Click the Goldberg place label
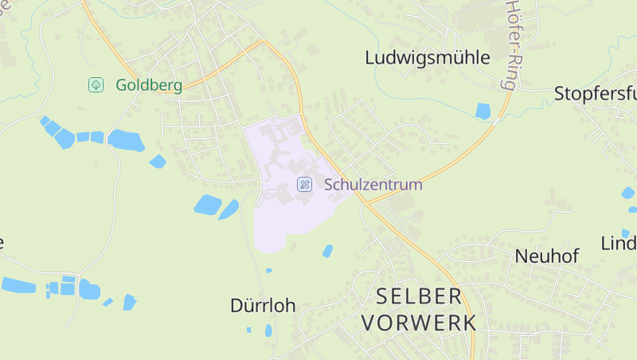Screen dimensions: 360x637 point(149,85)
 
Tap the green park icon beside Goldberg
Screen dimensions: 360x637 point(96,84)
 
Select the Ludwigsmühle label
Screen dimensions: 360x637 point(427,57)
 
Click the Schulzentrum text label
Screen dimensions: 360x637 point(373,185)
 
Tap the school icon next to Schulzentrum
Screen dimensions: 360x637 point(304,185)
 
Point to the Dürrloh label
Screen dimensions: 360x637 point(263,305)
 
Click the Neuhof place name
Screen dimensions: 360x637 point(546,256)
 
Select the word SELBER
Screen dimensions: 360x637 point(419,296)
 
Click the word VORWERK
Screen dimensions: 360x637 point(419,323)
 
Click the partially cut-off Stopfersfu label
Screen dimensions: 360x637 point(595,94)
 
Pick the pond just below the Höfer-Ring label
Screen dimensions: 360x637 point(483,112)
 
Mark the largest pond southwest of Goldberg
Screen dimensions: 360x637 point(126,141)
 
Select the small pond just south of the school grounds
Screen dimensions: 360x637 point(327,251)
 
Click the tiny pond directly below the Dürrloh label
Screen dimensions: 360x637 point(268,330)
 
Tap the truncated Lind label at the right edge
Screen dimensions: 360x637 point(619,243)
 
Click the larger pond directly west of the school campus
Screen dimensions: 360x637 point(208,205)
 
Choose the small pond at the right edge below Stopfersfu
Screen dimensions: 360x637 point(628,193)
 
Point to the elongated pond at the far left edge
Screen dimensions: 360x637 point(18,284)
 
